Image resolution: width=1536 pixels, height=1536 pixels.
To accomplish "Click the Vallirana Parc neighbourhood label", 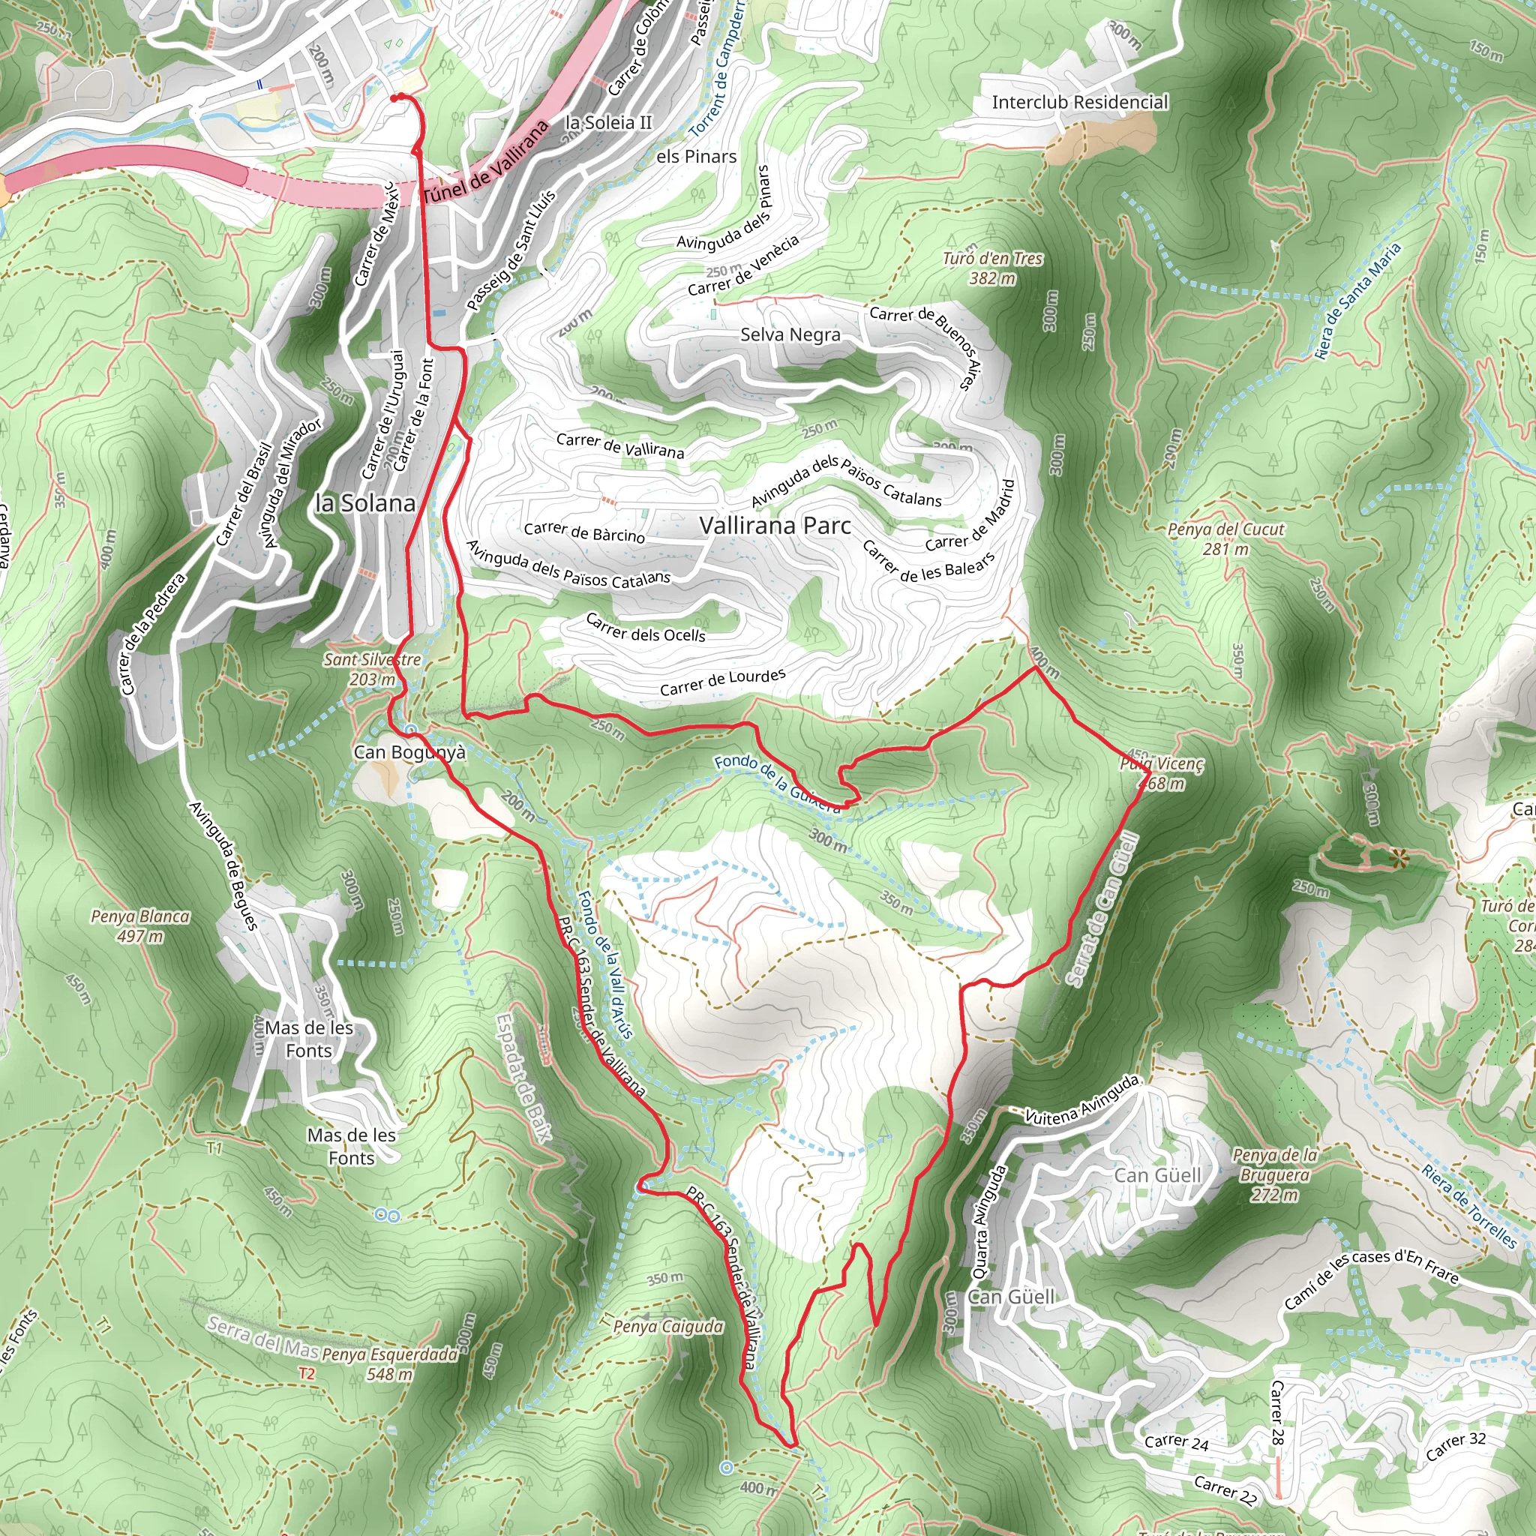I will tap(775, 526).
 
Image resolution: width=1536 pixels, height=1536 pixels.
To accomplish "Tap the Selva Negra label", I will tap(790, 334).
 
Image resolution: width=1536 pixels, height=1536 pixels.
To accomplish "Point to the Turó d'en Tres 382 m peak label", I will tap(992, 268).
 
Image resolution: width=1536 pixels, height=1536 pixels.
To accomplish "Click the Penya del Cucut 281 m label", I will tap(1225, 539).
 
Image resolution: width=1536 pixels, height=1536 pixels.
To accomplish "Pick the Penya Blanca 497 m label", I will tap(140, 926).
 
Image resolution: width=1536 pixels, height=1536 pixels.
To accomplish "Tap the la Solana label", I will tap(365, 503).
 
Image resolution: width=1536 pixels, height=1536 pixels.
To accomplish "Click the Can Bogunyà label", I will tap(409, 752).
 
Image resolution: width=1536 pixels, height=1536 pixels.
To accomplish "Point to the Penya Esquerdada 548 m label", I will tap(389, 1363).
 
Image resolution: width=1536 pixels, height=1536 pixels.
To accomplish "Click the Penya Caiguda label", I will tap(667, 1326).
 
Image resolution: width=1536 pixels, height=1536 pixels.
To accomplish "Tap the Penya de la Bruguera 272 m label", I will tap(1274, 1174).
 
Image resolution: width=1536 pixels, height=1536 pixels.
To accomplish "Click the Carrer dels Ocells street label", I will tap(646, 627).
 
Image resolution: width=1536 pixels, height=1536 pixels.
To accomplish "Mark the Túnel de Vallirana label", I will tap(486, 163).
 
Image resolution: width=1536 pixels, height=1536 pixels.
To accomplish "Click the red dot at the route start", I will tap(394, 97).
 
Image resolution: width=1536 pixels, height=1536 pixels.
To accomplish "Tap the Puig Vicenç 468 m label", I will tap(1162, 773).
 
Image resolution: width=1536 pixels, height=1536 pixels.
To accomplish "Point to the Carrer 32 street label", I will tap(1455, 1446).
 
